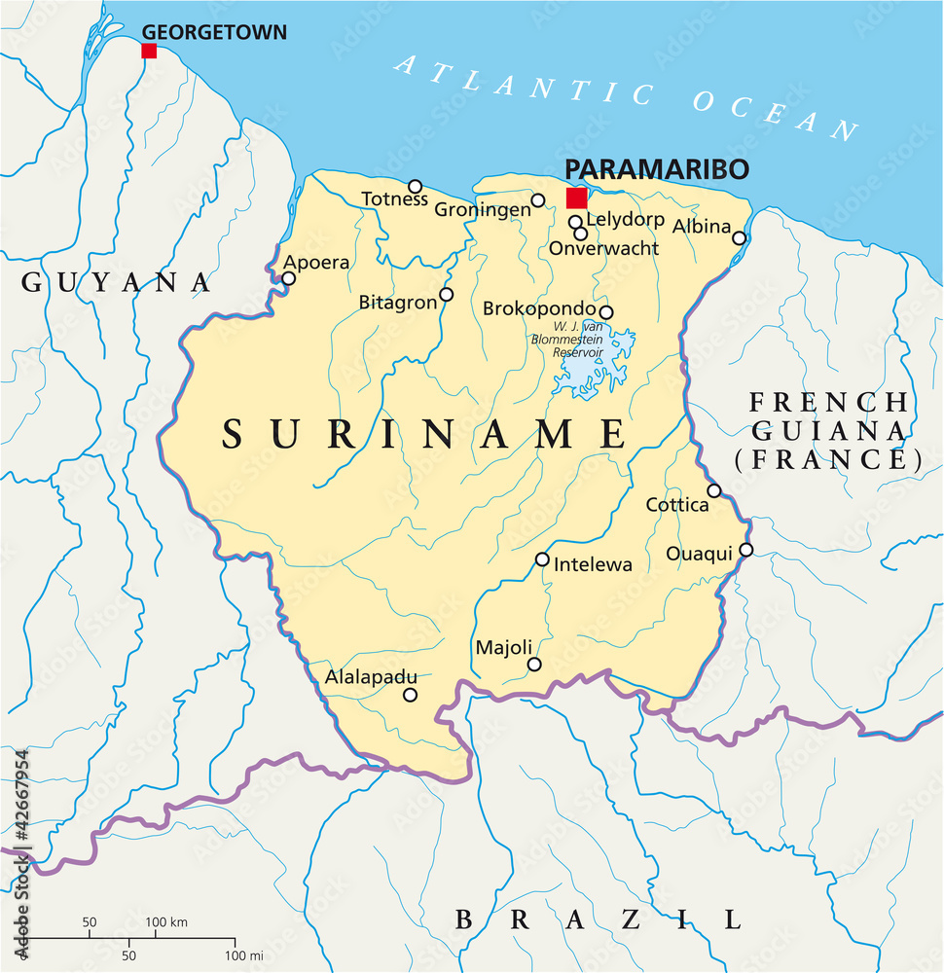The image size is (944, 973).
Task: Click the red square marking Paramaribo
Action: tap(577, 198)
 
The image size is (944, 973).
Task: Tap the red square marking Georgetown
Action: tap(149, 51)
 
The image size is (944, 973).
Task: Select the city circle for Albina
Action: tap(740, 237)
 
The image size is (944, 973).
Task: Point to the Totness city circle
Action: tap(415, 186)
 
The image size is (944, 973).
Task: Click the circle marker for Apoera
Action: tap(288, 278)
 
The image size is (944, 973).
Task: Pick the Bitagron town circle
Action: tap(447, 294)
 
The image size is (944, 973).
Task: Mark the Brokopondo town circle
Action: tap(605, 312)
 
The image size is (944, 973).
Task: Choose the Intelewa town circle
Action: tap(542, 559)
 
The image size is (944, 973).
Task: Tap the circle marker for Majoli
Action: tap(534, 665)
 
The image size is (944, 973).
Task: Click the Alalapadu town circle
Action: tap(410, 695)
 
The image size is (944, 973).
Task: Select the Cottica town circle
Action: tap(714, 490)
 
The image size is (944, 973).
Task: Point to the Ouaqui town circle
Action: tap(746, 550)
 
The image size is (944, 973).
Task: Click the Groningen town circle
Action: tap(537, 200)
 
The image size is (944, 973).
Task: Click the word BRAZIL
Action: tap(599, 919)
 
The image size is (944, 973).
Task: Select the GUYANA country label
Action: tap(117, 282)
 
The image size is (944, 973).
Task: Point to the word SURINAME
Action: tap(424, 434)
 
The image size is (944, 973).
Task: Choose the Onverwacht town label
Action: tap(603, 249)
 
